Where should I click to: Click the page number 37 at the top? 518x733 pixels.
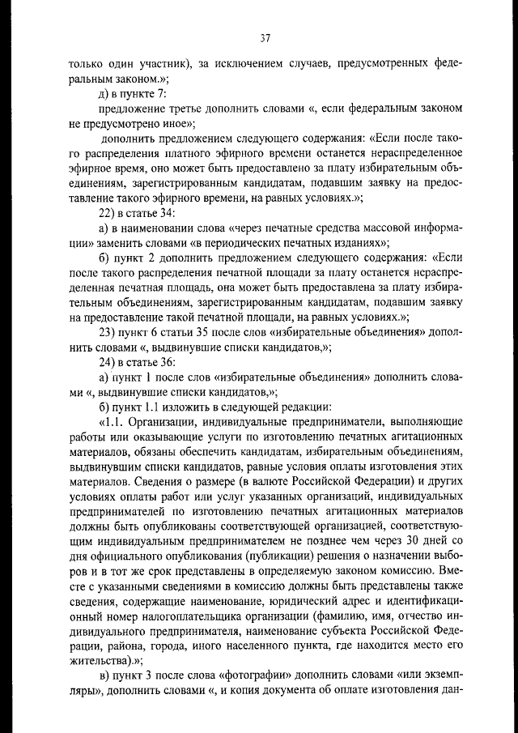[265, 37]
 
